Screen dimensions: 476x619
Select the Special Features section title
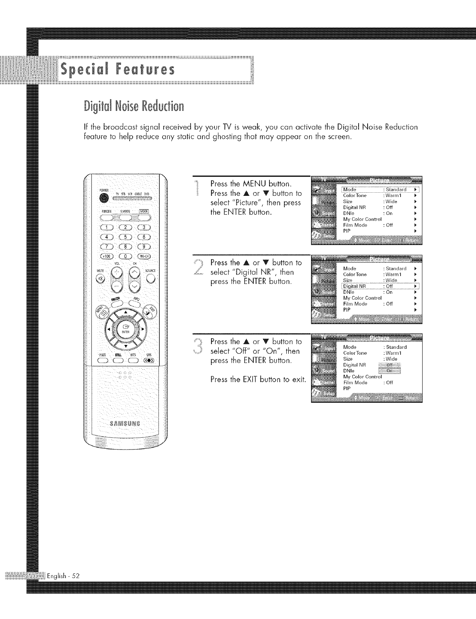pyautogui.click(x=116, y=70)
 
